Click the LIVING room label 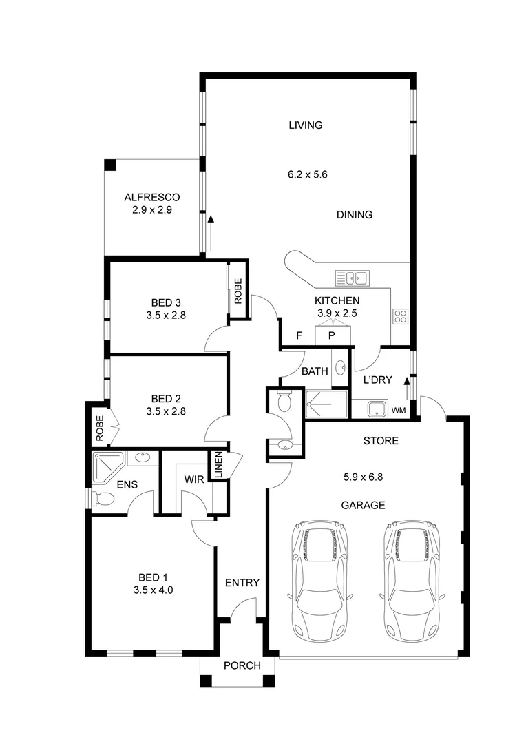click(x=306, y=125)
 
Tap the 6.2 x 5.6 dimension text click(x=307, y=174)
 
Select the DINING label click(x=354, y=215)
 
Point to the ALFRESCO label click(x=151, y=198)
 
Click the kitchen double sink click(x=353, y=278)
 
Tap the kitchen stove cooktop click(x=401, y=316)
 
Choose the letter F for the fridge click(x=299, y=335)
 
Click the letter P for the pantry click(x=331, y=336)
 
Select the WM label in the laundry click(x=398, y=411)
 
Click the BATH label click(x=315, y=371)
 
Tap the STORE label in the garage click(x=380, y=441)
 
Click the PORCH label click(x=242, y=665)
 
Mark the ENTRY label click(x=242, y=583)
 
